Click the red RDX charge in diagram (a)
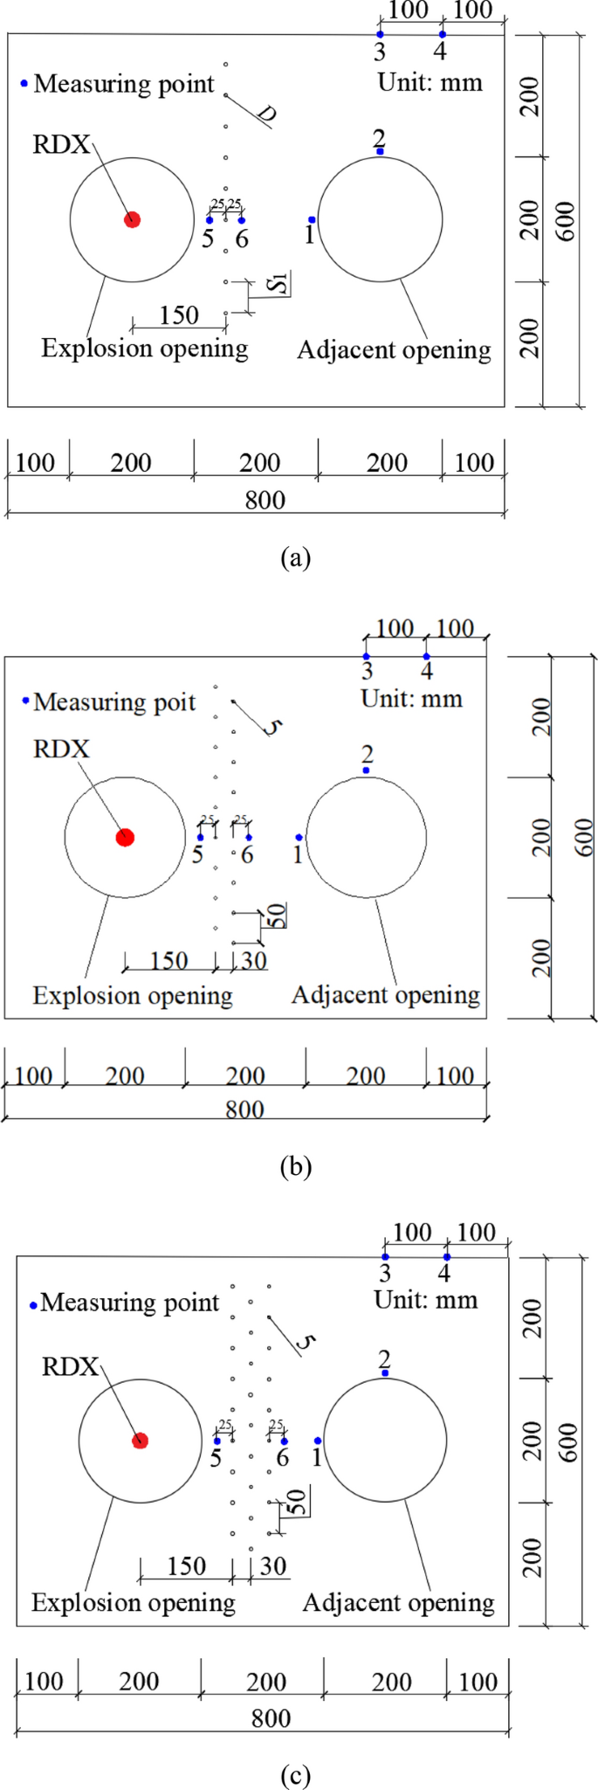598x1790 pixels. click(x=132, y=219)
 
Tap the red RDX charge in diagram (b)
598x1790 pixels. click(x=125, y=837)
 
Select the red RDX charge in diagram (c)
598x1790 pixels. click(x=140, y=1440)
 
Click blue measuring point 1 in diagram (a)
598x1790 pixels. click(x=312, y=220)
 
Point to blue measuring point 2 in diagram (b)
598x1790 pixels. click(x=367, y=770)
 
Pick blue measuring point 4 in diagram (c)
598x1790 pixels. click(x=447, y=1257)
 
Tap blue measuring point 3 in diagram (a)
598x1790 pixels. click(x=380, y=35)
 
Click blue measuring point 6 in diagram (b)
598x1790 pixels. click(x=249, y=837)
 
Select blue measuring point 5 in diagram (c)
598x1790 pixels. click(x=217, y=1441)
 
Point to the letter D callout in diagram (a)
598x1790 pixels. click(x=267, y=114)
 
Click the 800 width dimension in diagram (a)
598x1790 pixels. click(x=265, y=501)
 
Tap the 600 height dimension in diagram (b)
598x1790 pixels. click(x=584, y=836)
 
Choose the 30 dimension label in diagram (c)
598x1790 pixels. click(x=273, y=1565)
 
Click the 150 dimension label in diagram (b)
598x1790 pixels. click(x=168, y=961)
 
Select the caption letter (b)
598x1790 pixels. click(x=295, y=1166)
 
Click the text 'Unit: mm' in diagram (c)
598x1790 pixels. click(x=426, y=1300)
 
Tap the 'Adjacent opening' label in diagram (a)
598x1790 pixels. click(x=394, y=350)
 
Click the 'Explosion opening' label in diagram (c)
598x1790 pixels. click(x=134, y=1602)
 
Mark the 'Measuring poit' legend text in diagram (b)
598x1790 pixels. click(x=114, y=702)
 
